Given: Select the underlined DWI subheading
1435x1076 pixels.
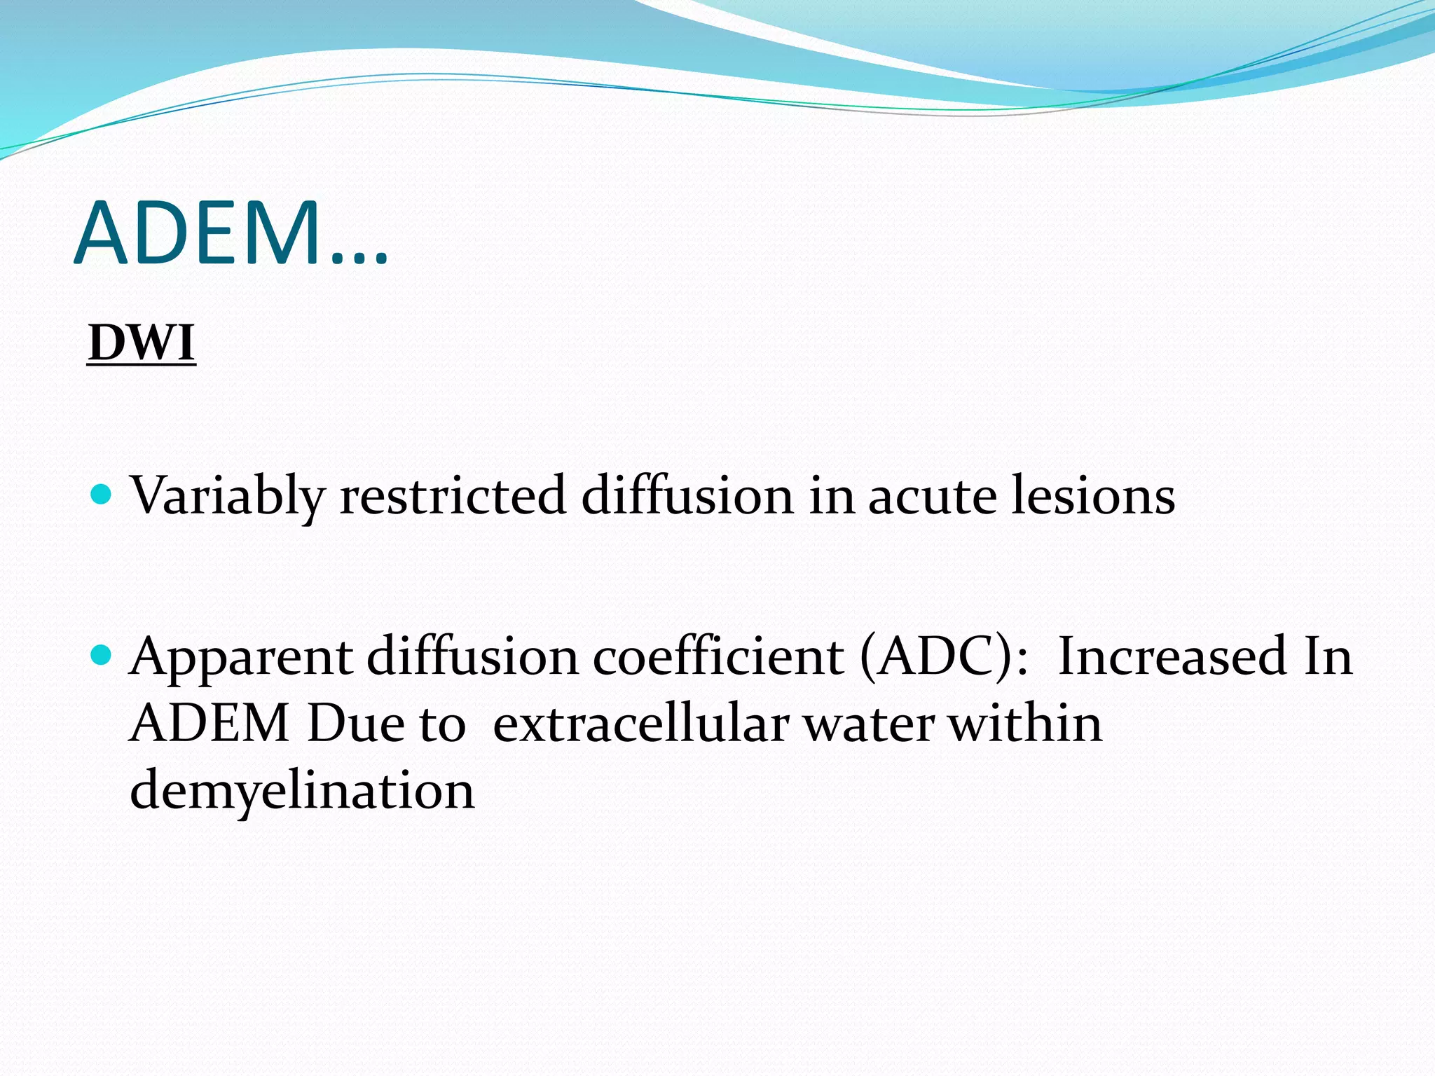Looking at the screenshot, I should [142, 344].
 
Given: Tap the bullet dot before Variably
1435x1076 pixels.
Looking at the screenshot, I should [102, 495].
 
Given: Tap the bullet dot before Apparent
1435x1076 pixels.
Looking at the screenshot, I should [102, 655].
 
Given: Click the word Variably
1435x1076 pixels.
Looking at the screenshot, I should [228, 496].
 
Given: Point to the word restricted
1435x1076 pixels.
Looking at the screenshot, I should [453, 496].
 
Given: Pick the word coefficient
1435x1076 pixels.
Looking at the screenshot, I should [718, 657].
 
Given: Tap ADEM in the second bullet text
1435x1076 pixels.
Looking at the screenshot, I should [210, 724].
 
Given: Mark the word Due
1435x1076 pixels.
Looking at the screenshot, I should [355, 724].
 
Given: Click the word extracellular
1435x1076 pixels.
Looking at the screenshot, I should [641, 724].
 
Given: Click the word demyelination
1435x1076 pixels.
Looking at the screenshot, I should [303, 790].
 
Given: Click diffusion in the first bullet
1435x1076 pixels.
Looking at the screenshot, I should [687, 496].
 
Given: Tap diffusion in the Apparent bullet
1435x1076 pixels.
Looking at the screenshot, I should [472, 657].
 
